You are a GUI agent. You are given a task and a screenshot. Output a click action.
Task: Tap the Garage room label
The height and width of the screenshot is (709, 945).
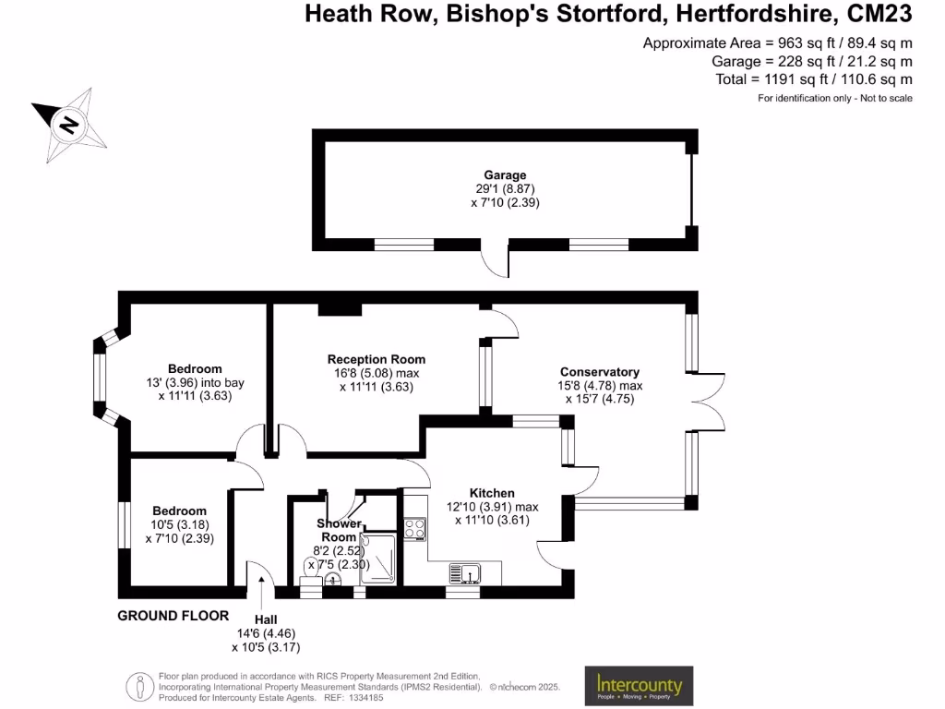point(505,174)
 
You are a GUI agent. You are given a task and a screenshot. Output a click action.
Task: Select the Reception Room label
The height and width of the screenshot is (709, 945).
point(377,359)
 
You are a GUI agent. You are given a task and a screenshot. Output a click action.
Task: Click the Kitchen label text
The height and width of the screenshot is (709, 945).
point(492,493)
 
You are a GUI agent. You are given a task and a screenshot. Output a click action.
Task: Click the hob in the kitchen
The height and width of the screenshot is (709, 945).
point(414,529)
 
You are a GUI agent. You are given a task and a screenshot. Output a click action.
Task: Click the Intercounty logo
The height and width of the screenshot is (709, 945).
point(639,686)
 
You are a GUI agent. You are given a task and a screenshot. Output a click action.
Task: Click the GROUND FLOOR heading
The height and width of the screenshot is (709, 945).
point(173,615)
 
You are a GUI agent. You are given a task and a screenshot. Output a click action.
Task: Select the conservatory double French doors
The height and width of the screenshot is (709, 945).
point(701,402)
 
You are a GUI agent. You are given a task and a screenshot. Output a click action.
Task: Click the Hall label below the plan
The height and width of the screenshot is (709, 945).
point(265,619)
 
